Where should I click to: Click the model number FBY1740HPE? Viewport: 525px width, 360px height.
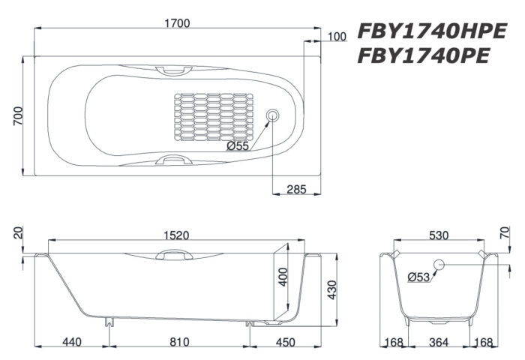point(432,31)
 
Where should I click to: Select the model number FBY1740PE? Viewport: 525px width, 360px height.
point(424,56)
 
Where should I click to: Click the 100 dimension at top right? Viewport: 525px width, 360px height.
point(337,36)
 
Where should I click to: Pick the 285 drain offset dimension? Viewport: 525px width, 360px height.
point(297,190)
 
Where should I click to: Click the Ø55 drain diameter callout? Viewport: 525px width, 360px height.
point(237,146)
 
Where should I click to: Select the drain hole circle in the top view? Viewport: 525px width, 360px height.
point(273,115)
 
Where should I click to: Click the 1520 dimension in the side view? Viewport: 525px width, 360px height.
point(174,235)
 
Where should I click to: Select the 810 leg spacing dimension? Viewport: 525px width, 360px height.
point(178,343)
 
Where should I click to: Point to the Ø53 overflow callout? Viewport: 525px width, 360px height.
point(418,277)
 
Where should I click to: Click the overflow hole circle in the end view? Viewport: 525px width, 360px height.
point(439,264)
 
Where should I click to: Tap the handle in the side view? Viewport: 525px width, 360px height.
point(173,255)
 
